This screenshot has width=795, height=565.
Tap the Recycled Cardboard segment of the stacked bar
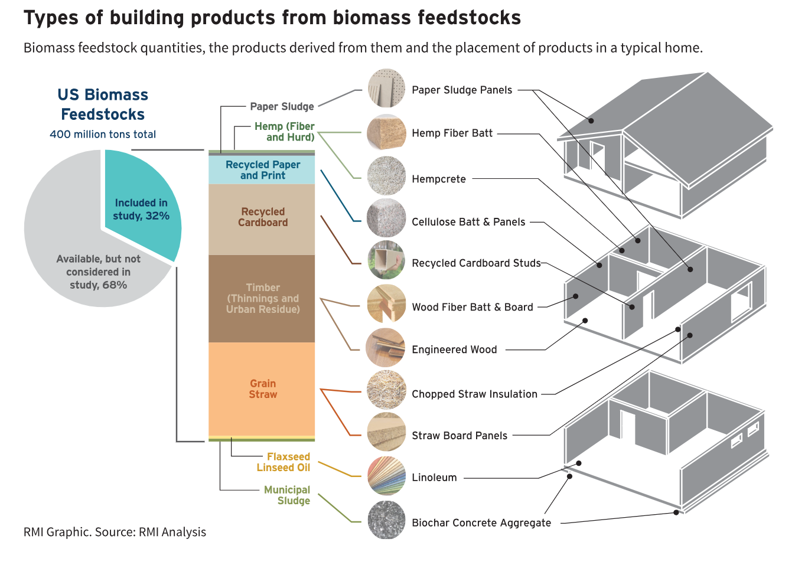[262, 219]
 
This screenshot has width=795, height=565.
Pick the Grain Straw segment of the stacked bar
[262, 388]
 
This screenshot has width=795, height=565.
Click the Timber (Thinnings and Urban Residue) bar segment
[262, 299]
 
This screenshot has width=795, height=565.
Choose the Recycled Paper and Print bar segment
[262, 170]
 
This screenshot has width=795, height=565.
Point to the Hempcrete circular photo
[386, 176]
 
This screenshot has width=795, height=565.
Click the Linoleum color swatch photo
[386, 476]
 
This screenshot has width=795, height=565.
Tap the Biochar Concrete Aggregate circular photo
[386, 520]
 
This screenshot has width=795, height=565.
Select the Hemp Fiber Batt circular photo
[386, 132]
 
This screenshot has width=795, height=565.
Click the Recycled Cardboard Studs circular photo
[386, 260]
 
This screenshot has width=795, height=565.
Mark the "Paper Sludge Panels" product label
[462, 90]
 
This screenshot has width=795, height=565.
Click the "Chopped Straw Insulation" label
[474, 394]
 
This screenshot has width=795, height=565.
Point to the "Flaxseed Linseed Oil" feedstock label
[284, 462]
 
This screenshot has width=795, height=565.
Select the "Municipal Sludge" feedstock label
[287, 495]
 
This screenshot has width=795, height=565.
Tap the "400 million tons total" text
[103, 134]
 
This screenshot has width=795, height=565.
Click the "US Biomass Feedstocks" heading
[103, 104]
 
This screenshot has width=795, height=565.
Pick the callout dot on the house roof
[591, 120]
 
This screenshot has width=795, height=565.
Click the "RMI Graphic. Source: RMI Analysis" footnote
[115, 532]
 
